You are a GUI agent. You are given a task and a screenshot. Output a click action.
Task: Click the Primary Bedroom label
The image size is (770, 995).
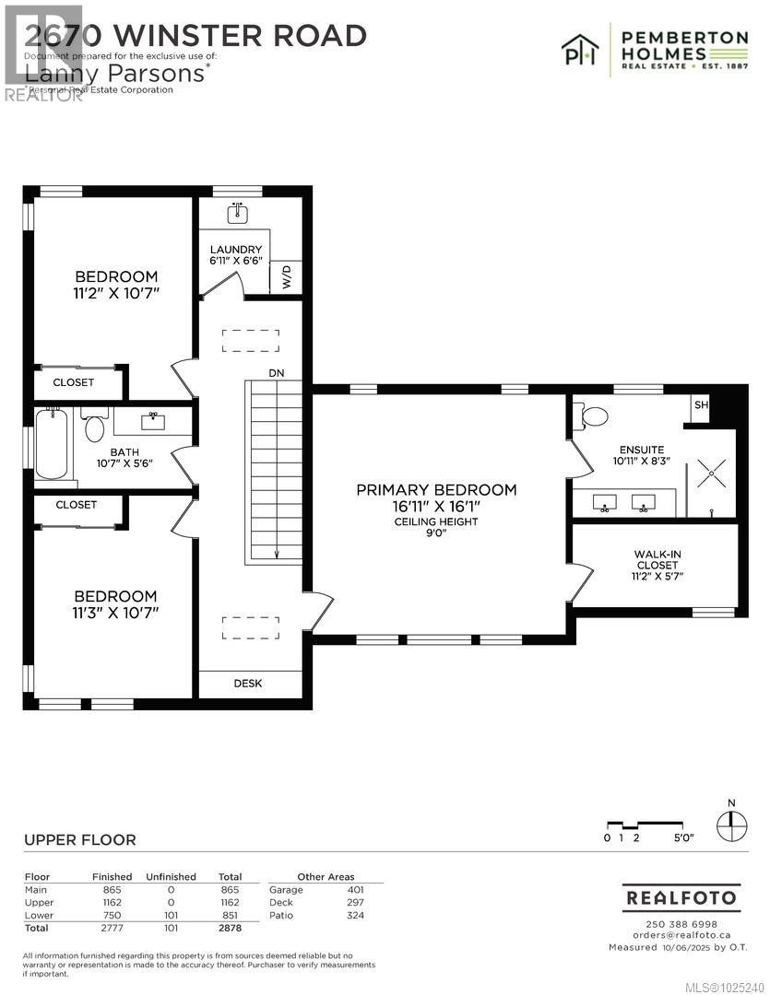click(x=436, y=489)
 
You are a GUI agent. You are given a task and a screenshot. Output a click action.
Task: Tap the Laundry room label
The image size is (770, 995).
click(x=236, y=250)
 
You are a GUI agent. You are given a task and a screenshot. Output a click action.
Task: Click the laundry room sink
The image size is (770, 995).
click(x=238, y=214)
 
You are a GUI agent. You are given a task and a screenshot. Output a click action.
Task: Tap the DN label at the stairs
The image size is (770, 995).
click(x=276, y=373)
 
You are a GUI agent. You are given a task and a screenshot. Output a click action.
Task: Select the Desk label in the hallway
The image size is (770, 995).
click(x=248, y=684)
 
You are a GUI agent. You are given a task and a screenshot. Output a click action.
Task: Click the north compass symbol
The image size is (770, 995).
click(x=731, y=823)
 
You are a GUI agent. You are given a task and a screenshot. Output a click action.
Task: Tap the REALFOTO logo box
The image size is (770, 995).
click(x=681, y=897)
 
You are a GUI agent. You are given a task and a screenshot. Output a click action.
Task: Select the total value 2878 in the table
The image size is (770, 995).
click(x=229, y=929)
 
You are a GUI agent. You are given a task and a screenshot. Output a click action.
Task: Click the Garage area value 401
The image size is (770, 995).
click(x=355, y=889)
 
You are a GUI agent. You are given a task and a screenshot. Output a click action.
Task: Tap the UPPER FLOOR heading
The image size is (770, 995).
click(x=79, y=839)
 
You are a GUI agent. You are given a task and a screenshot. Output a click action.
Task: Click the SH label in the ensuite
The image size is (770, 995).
click(x=700, y=405)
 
